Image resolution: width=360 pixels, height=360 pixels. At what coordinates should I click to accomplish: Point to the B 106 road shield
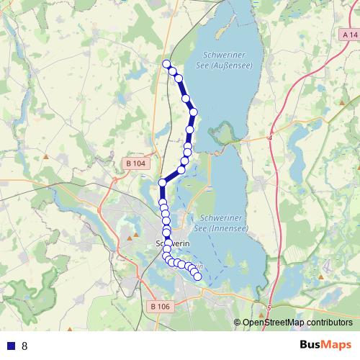[161, 307]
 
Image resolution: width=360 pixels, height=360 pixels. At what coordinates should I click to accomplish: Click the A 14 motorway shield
[349, 34]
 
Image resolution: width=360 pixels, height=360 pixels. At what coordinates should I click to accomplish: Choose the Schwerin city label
[171, 243]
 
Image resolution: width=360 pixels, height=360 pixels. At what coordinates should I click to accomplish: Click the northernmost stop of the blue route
[167, 64]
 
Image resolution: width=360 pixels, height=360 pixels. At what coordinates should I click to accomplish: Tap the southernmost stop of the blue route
[197, 276]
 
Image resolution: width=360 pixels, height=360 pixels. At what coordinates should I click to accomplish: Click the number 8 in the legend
[24, 346]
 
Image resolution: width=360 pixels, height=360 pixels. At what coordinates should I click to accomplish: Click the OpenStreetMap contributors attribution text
[297, 323]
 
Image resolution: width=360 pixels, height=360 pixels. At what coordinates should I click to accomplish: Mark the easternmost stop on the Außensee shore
[193, 112]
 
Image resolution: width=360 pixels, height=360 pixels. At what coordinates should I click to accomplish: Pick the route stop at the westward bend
[163, 183]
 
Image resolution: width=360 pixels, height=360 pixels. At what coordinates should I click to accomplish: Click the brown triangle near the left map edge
[46, 155]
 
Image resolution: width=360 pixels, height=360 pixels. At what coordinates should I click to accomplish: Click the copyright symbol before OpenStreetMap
[238, 323]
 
